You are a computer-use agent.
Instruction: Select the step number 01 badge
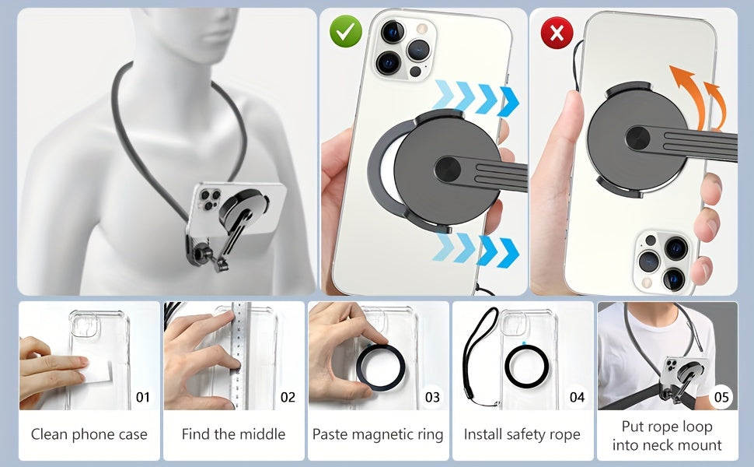143,397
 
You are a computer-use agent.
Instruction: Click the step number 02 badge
288,397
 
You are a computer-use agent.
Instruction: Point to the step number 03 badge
432,397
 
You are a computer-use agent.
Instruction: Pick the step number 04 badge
577,397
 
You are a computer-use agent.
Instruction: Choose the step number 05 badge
721,397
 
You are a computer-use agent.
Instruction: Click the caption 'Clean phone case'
89,434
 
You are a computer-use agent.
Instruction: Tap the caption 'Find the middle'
233,434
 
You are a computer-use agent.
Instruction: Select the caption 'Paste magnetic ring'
378,434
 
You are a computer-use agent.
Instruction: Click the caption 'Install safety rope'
522,434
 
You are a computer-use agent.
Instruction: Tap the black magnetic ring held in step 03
380,367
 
